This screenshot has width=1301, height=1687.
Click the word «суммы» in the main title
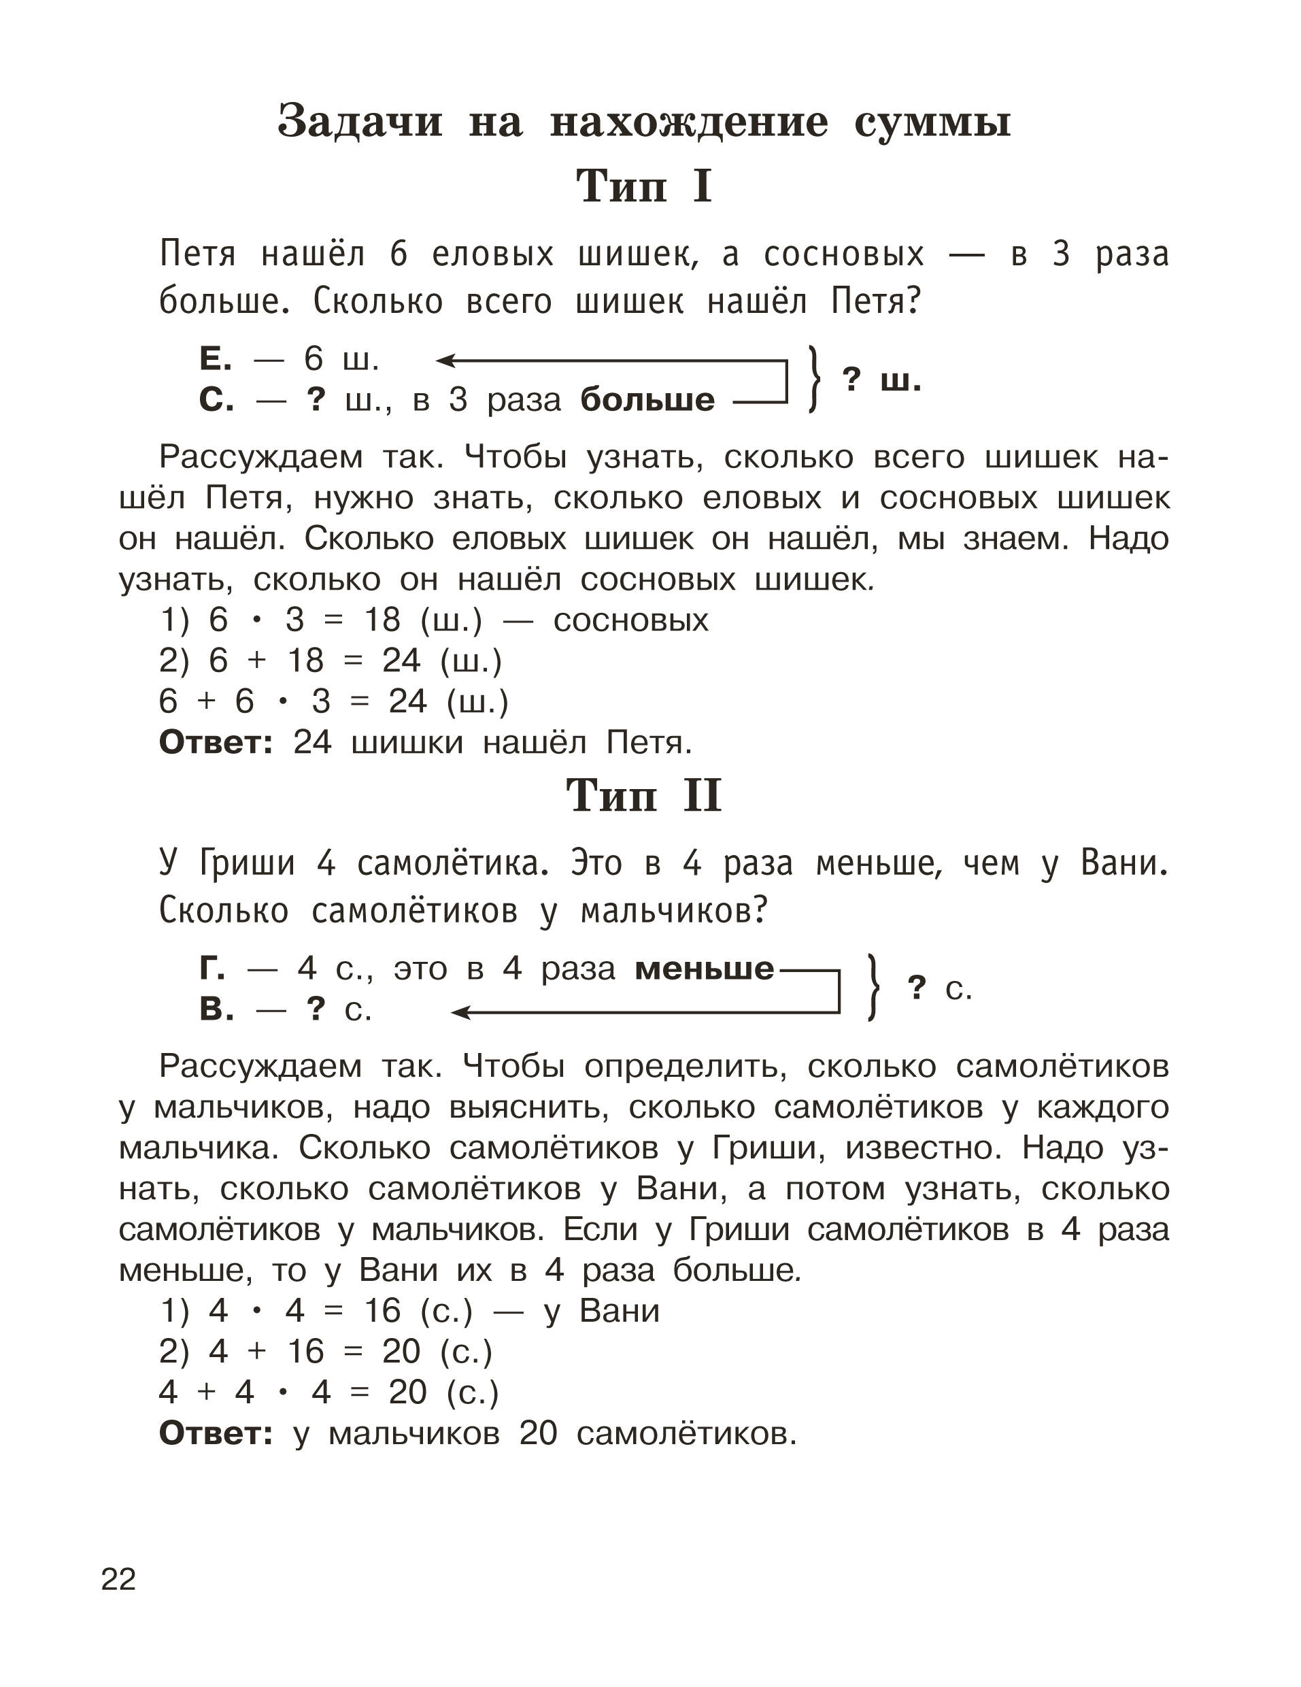[932, 122]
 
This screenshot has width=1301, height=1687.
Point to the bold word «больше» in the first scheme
[647, 400]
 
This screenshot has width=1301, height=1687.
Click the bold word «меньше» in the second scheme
[704, 969]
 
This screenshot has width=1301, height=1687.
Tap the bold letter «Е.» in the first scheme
[216, 359]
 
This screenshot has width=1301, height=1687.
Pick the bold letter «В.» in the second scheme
[216, 1009]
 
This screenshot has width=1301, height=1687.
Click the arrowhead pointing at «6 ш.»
[445, 360]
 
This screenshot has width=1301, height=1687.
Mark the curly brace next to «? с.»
[873, 987]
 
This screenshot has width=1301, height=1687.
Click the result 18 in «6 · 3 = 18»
[382, 620]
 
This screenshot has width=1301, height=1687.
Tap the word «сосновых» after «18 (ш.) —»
[631, 620]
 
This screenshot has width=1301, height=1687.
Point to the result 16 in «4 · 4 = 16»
[382, 1311]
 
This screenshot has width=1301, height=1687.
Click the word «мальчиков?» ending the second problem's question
[674, 912]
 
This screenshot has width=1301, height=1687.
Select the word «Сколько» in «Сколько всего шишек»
[377, 302]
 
